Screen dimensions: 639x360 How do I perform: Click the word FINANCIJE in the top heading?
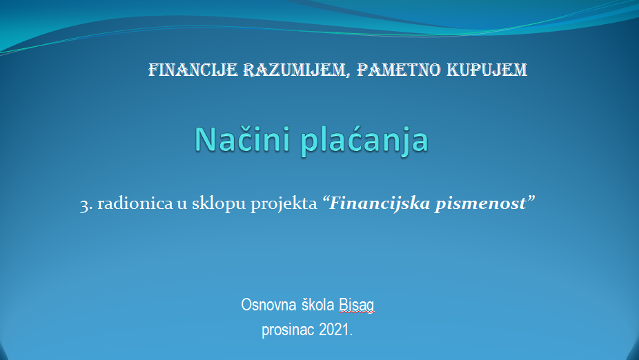193,70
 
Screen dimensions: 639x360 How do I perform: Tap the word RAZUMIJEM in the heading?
294,70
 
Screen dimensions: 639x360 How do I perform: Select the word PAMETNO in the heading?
399,70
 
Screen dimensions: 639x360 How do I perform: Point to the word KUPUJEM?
487,70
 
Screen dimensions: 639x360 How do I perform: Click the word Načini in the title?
244,139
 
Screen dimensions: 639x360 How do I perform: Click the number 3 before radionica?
84,204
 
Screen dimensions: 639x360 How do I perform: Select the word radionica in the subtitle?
135,202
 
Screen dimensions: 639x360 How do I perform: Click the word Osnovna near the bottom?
268,305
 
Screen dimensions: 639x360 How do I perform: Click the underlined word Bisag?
357,306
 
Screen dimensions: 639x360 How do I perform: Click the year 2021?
334,329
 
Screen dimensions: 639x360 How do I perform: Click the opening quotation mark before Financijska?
326,199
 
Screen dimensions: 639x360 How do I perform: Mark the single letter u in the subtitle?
182,204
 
